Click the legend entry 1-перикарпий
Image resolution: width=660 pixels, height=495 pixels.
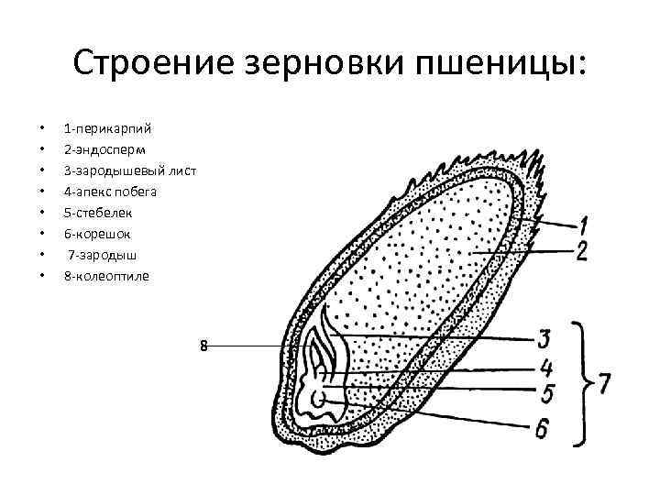108,127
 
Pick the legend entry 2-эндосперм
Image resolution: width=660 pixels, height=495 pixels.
103,148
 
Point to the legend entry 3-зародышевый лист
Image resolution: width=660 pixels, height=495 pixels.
129,170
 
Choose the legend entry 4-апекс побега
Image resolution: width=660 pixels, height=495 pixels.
110,192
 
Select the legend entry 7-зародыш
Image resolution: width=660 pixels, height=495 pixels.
100,255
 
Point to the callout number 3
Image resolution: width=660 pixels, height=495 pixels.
544,339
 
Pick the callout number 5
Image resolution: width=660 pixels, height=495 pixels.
545,395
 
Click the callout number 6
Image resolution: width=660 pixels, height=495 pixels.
545,427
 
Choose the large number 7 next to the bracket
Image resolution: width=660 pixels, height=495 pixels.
605,383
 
